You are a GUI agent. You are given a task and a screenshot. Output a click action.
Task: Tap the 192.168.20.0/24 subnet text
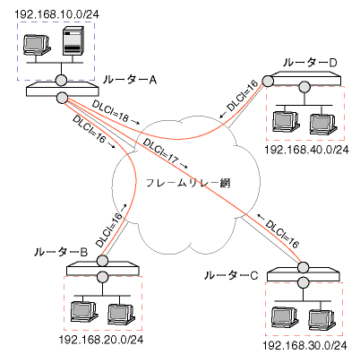pyautogui.click(x=100, y=340)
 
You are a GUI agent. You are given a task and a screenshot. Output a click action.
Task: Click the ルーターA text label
pyautogui.click(x=131, y=81)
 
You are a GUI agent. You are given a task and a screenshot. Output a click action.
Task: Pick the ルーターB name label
pyautogui.click(x=61, y=254)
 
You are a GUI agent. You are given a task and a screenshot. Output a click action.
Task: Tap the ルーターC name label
pyautogui.click(x=231, y=273)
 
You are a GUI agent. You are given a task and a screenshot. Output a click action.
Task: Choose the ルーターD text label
pyautogui.click(x=310, y=62)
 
